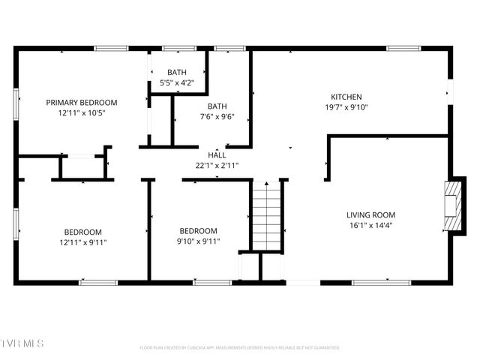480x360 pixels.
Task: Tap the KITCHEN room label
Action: (346, 97)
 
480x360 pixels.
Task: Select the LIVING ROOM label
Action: (370, 214)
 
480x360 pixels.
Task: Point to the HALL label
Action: (217, 155)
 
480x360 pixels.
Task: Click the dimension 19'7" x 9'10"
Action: (346, 107)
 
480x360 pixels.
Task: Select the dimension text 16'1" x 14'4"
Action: (370, 225)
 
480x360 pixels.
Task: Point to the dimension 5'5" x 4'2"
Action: (177, 83)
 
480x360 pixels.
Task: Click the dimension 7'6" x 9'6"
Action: (217, 117)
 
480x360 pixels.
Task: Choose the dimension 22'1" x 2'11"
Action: (217, 165)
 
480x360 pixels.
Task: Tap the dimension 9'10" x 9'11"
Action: (199, 241)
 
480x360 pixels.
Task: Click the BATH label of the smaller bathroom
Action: (177, 73)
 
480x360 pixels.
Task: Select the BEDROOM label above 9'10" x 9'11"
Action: (199, 231)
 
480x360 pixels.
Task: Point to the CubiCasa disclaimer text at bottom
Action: (240, 348)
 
